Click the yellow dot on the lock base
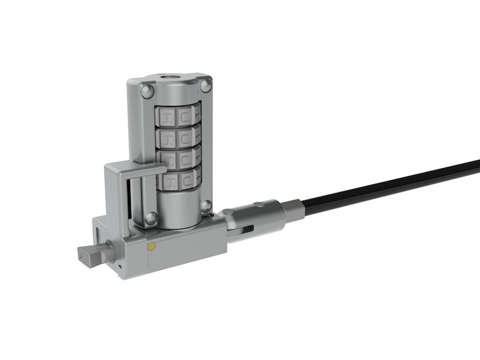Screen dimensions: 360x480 click(x=151, y=246)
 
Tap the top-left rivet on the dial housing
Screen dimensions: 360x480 click(x=147, y=92)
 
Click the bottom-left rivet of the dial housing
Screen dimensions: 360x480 click(x=150, y=218)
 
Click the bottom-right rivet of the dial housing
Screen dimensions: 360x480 click(x=206, y=206)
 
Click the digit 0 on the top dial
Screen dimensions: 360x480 click(x=185, y=116)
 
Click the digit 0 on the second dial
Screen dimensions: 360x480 click(x=185, y=138)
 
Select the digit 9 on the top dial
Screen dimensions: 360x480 click(x=167, y=117)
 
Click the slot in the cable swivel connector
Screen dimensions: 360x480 click(x=247, y=229)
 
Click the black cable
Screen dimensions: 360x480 click(x=386, y=184)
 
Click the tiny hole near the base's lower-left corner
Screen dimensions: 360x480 click(x=119, y=266)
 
